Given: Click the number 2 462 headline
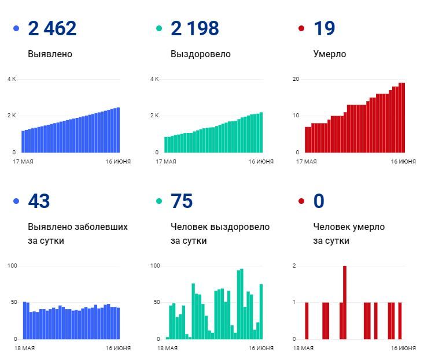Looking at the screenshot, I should (52, 28).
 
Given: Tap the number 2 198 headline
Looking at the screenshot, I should (195, 28).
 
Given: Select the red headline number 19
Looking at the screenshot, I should (324, 28).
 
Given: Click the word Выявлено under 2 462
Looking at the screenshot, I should (50, 54).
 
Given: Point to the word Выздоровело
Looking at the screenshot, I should (200, 54).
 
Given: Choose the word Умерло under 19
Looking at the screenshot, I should (330, 54).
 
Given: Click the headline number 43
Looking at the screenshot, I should (39, 201).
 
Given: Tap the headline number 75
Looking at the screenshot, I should (182, 201).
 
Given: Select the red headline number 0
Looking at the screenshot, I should (319, 201).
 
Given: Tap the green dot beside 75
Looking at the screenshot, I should (158, 202).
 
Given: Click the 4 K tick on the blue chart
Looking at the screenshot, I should (12, 79).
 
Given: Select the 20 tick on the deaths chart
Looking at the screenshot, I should (295, 79).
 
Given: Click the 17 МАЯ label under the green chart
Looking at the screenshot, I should (166, 162).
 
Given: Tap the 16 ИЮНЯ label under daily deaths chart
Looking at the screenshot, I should (403, 348).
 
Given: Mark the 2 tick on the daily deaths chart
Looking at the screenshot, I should (294, 266).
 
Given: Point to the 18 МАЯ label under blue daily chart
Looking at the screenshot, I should (23, 348).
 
